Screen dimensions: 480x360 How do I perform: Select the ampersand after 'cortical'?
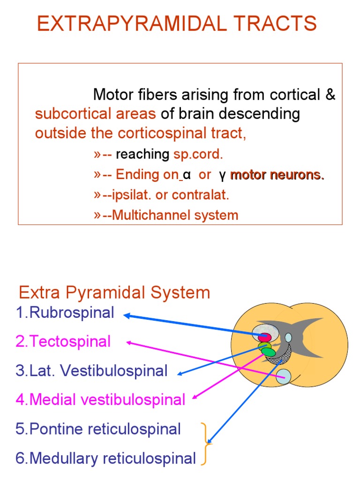click(330, 95)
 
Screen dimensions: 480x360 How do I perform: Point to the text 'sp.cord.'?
click(198, 154)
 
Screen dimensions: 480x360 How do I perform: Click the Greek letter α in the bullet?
click(187, 175)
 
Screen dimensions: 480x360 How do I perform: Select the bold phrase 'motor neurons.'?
click(277, 175)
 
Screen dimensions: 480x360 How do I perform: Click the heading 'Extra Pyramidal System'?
click(114, 293)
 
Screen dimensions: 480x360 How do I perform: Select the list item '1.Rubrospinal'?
click(65, 313)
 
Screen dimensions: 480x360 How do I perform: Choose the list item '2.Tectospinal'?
click(63, 341)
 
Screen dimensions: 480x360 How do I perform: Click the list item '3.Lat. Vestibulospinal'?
click(91, 371)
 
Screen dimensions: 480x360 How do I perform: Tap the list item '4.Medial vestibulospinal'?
click(100, 400)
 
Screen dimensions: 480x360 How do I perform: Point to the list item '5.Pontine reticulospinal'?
click(98, 429)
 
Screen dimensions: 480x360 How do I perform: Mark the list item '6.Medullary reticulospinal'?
click(105, 458)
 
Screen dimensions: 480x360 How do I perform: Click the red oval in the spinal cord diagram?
click(265, 337)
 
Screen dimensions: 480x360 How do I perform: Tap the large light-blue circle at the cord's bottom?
click(284, 376)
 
